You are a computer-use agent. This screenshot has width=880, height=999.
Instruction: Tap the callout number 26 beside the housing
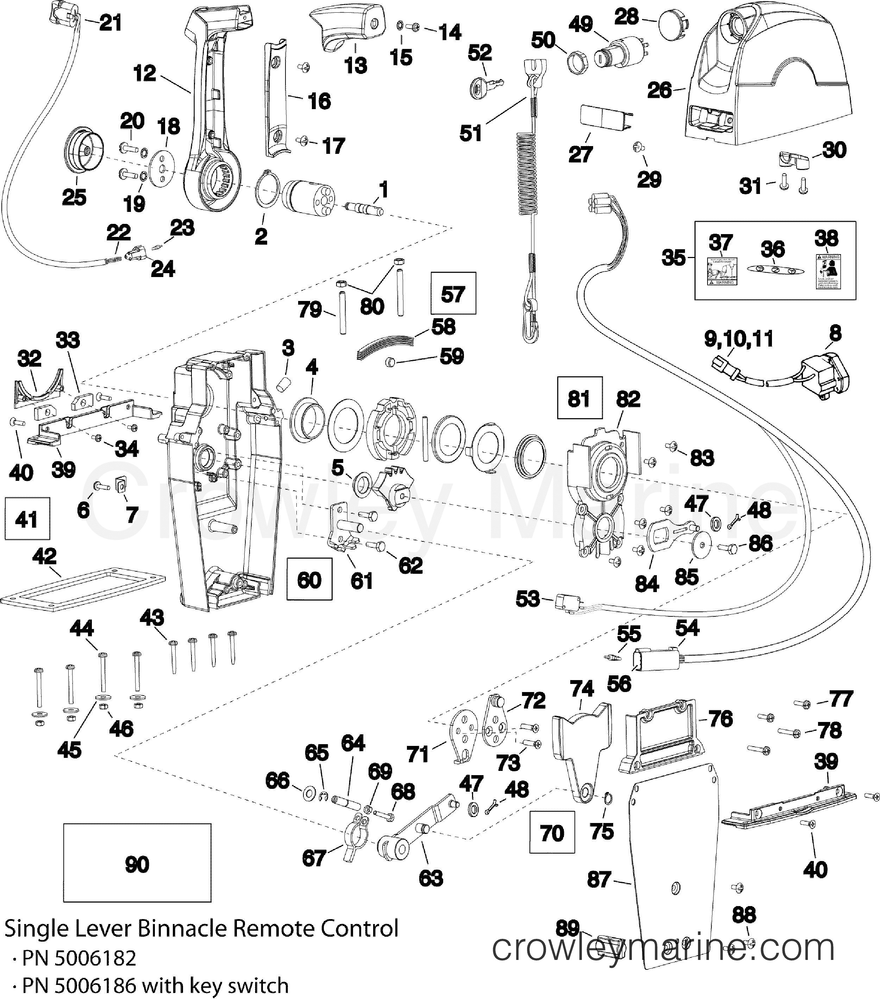660,90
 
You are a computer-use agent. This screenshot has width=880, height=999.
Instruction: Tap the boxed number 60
309,580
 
